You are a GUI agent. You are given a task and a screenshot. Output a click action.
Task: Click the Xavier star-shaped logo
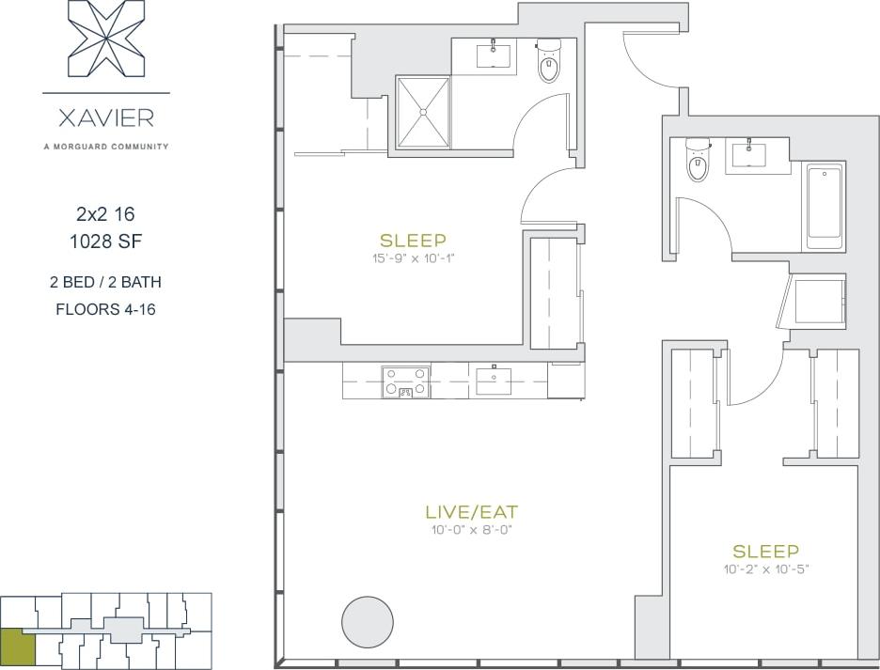tap(105, 39)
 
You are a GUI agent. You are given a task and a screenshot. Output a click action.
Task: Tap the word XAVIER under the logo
tap(105, 119)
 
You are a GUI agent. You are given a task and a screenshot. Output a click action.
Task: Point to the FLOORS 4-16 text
tap(105, 309)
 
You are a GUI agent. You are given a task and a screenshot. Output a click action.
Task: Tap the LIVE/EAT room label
tap(471, 512)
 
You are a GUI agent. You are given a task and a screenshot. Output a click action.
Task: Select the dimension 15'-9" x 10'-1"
tap(413, 257)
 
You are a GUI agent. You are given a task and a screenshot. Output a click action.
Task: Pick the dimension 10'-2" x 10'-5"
tap(765, 569)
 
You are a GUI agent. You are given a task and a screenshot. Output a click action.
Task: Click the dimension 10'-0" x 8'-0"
tap(471, 530)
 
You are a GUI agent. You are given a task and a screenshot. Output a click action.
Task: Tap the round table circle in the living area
tap(367, 621)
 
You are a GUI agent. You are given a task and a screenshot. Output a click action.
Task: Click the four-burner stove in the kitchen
tap(405, 382)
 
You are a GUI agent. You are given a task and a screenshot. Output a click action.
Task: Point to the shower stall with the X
tap(422, 112)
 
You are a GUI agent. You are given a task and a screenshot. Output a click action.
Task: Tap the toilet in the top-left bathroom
tap(548, 64)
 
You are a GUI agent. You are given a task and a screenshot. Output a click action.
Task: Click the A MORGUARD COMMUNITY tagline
tap(105, 147)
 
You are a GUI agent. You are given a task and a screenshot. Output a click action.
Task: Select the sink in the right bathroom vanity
tap(749, 155)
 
